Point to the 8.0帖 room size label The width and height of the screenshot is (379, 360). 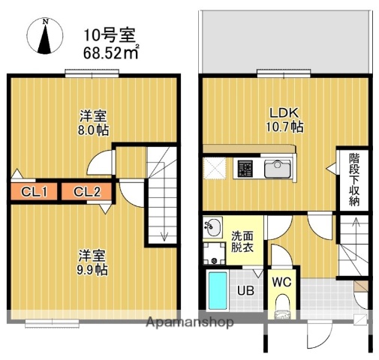click(x=95, y=124)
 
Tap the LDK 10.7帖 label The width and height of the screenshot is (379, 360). click(x=284, y=121)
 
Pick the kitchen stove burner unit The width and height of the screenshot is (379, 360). click(x=246, y=169)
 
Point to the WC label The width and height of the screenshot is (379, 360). click(x=282, y=283)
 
